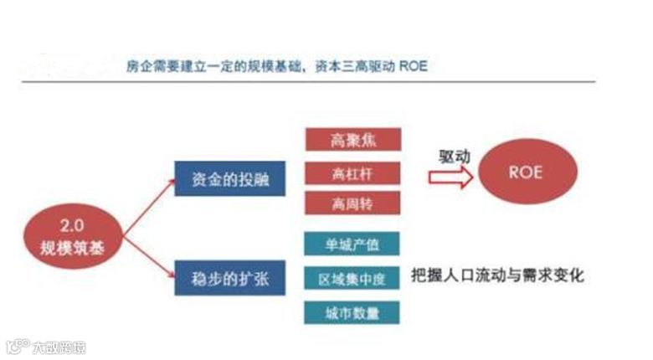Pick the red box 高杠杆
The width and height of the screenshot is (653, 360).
point(352,172)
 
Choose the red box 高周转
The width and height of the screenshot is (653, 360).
point(352,203)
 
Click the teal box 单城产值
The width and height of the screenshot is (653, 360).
point(352,244)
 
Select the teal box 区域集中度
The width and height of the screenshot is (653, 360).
point(352,277)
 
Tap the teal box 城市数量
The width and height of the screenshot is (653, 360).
point(352,312)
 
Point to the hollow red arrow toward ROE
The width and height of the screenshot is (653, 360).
point(450,177)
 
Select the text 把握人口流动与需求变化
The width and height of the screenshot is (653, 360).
point(497,275)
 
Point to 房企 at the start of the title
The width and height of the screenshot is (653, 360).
point(136,66)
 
